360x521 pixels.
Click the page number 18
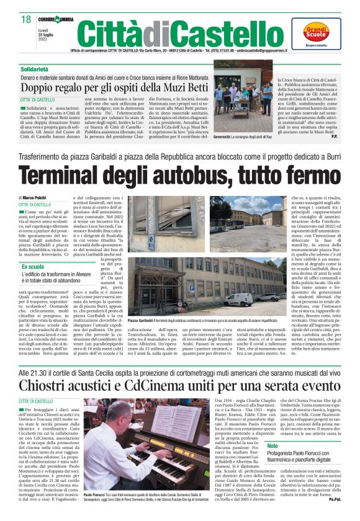click(25, 20)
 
